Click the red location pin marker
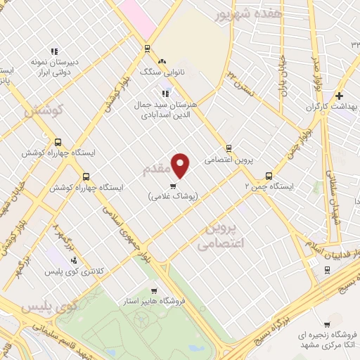coord(181,166)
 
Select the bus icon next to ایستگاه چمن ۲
coord(269,176)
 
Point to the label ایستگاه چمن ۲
coord(269,187)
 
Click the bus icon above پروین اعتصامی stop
coord(228,148)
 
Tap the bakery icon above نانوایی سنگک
coord(163,61)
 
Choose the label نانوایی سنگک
coord(163,72)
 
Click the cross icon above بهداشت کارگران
coord(339,96)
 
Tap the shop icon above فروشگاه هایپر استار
coord(155,290)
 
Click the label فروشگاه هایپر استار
coord(157,301)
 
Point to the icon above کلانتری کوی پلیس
coord(74,260)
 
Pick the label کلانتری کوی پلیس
coord(72,271)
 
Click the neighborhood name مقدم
coord(156,169)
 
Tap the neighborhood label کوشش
coord(44,110)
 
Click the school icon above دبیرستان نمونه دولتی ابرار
coord(53,51)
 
